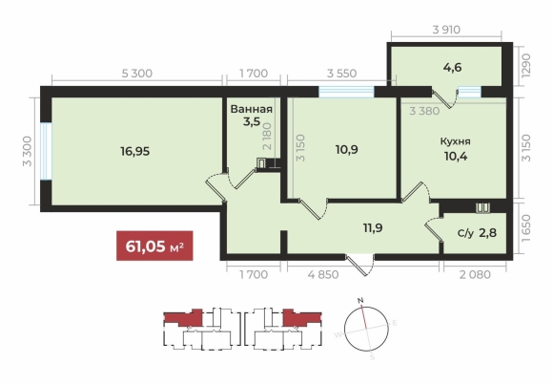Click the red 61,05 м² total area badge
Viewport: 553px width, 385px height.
point(154,246)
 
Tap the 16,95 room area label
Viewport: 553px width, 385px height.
point(135,151)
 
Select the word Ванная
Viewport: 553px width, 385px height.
point(252,109)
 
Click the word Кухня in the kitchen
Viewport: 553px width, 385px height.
point(456,141)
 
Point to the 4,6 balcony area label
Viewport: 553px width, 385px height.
point(453,67)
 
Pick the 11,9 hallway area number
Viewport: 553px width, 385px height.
point(373,228)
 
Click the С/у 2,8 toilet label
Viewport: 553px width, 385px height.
point(477,233)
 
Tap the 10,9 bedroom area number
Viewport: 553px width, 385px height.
point(347,150)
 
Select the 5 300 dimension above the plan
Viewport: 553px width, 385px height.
point(137,74)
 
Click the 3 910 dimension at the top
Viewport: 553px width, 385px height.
point(446,30)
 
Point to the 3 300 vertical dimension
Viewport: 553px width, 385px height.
point(27,151)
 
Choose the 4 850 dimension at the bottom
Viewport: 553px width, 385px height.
point(323,274)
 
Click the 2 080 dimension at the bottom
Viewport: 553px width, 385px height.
point(475,274)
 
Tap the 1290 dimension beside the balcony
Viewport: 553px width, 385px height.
point(526,65)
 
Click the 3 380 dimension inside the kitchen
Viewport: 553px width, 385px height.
point(424,111)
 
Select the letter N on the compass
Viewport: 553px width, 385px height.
point(360,301)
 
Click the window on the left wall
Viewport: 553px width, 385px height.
point(46,151)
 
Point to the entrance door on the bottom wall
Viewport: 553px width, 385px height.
point(359,265)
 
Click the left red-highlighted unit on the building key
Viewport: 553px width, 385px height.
point(184,317)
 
